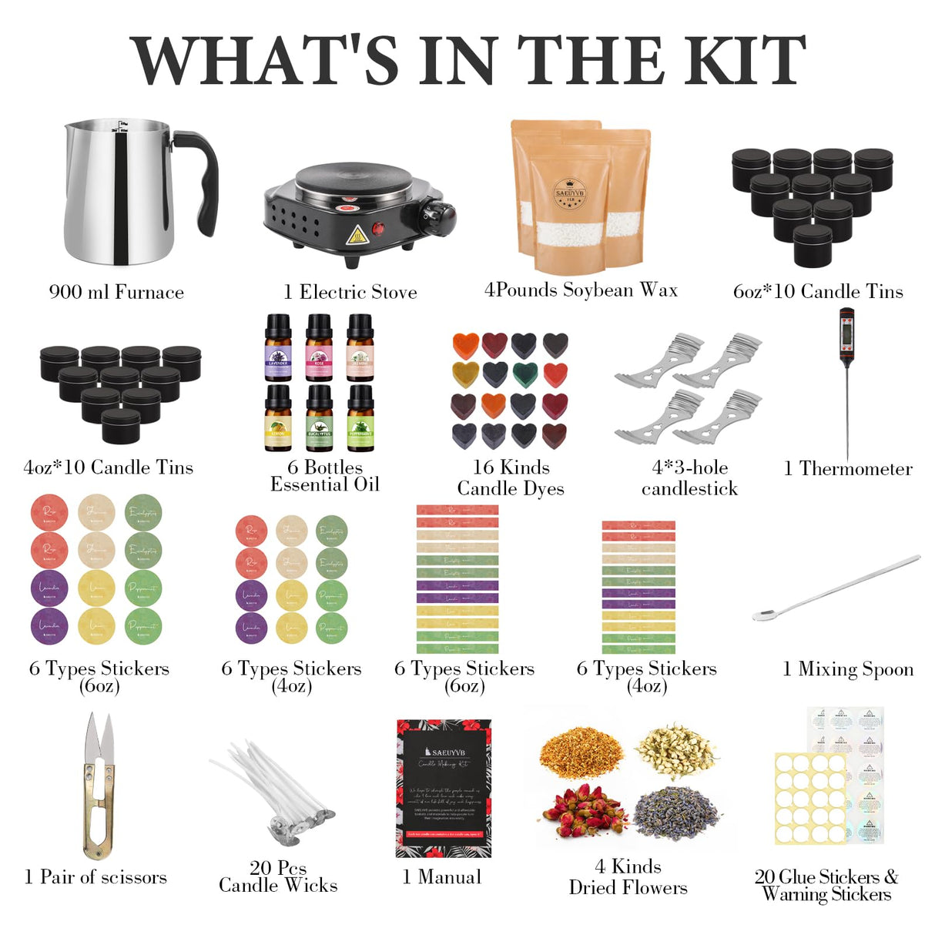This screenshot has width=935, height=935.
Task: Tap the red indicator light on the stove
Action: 378,228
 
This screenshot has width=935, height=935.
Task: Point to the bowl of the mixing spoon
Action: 764,615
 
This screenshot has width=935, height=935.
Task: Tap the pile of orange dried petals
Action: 581,752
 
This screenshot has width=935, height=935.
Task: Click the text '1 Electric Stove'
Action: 350,292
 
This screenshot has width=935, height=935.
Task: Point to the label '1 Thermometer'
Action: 848,468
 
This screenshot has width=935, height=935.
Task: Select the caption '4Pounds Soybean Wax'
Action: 581,290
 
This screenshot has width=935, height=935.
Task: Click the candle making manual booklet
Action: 443,788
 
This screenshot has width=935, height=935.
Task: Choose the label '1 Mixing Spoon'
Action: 848,669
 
